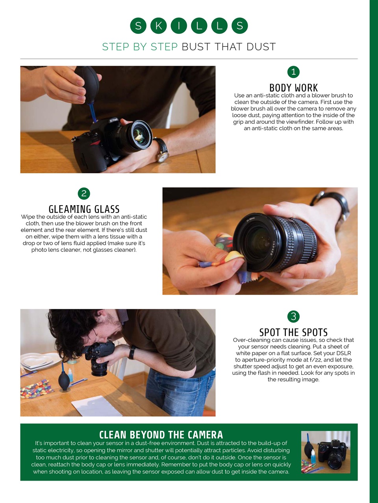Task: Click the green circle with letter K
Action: [x=159, y=26]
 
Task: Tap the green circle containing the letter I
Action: [x=179, y=26]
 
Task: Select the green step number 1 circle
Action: [x=293, y=72]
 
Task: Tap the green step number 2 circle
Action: [x=84, y=193]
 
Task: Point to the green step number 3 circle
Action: [x=293, y=316]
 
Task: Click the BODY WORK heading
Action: [x=293, y=88]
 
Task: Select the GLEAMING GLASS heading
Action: [x=84, y=209]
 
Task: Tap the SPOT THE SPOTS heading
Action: [x=293, y=332]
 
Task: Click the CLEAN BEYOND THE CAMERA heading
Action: [x=161, y=435]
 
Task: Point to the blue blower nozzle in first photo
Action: [x=93, y=112]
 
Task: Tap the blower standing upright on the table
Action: [x=64, y=379]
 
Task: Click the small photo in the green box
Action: [x=326, y=452]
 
